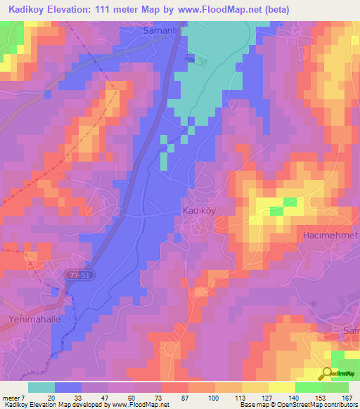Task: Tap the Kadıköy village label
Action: (198, 211)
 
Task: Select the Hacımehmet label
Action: (330, 235)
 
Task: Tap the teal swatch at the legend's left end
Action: (41, 387)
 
